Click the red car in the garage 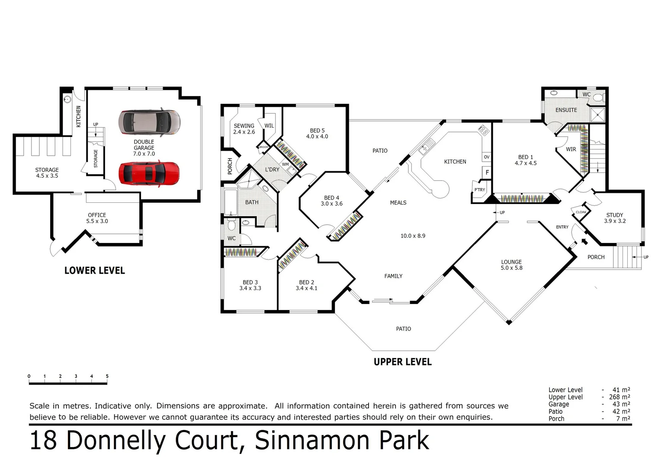[149, 174]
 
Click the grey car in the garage [149, 122]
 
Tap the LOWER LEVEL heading [94, 271]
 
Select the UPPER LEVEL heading [402, 362]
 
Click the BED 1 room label [525, 160]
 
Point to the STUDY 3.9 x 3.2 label [614, 218]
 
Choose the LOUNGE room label [511, 265]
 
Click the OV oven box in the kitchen [486, 157]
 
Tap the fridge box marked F [487, 173]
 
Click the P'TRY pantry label [479, 190]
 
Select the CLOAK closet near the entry [581, 212]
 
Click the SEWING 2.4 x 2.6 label [244, 129]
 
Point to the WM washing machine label [285, 164]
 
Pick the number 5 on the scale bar [107, 376]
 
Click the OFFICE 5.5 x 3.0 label [97, 218]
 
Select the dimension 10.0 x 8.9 [413, 236]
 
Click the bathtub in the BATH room [231, 202]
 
